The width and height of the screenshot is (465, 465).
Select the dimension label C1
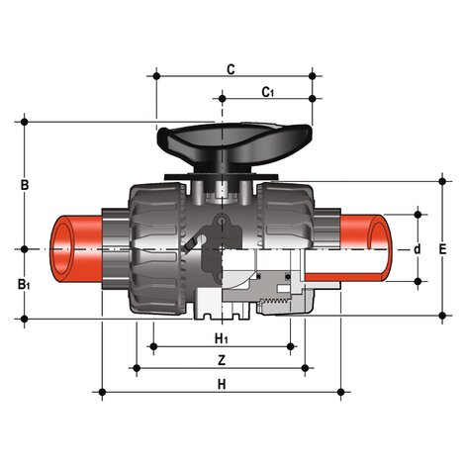click(267, 92)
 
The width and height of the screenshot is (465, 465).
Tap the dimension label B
click(25, 185)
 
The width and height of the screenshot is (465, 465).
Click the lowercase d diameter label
click(418, 248)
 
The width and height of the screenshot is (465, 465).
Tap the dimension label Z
click(222, 360)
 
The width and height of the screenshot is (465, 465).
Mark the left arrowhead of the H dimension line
click(105, 393)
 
